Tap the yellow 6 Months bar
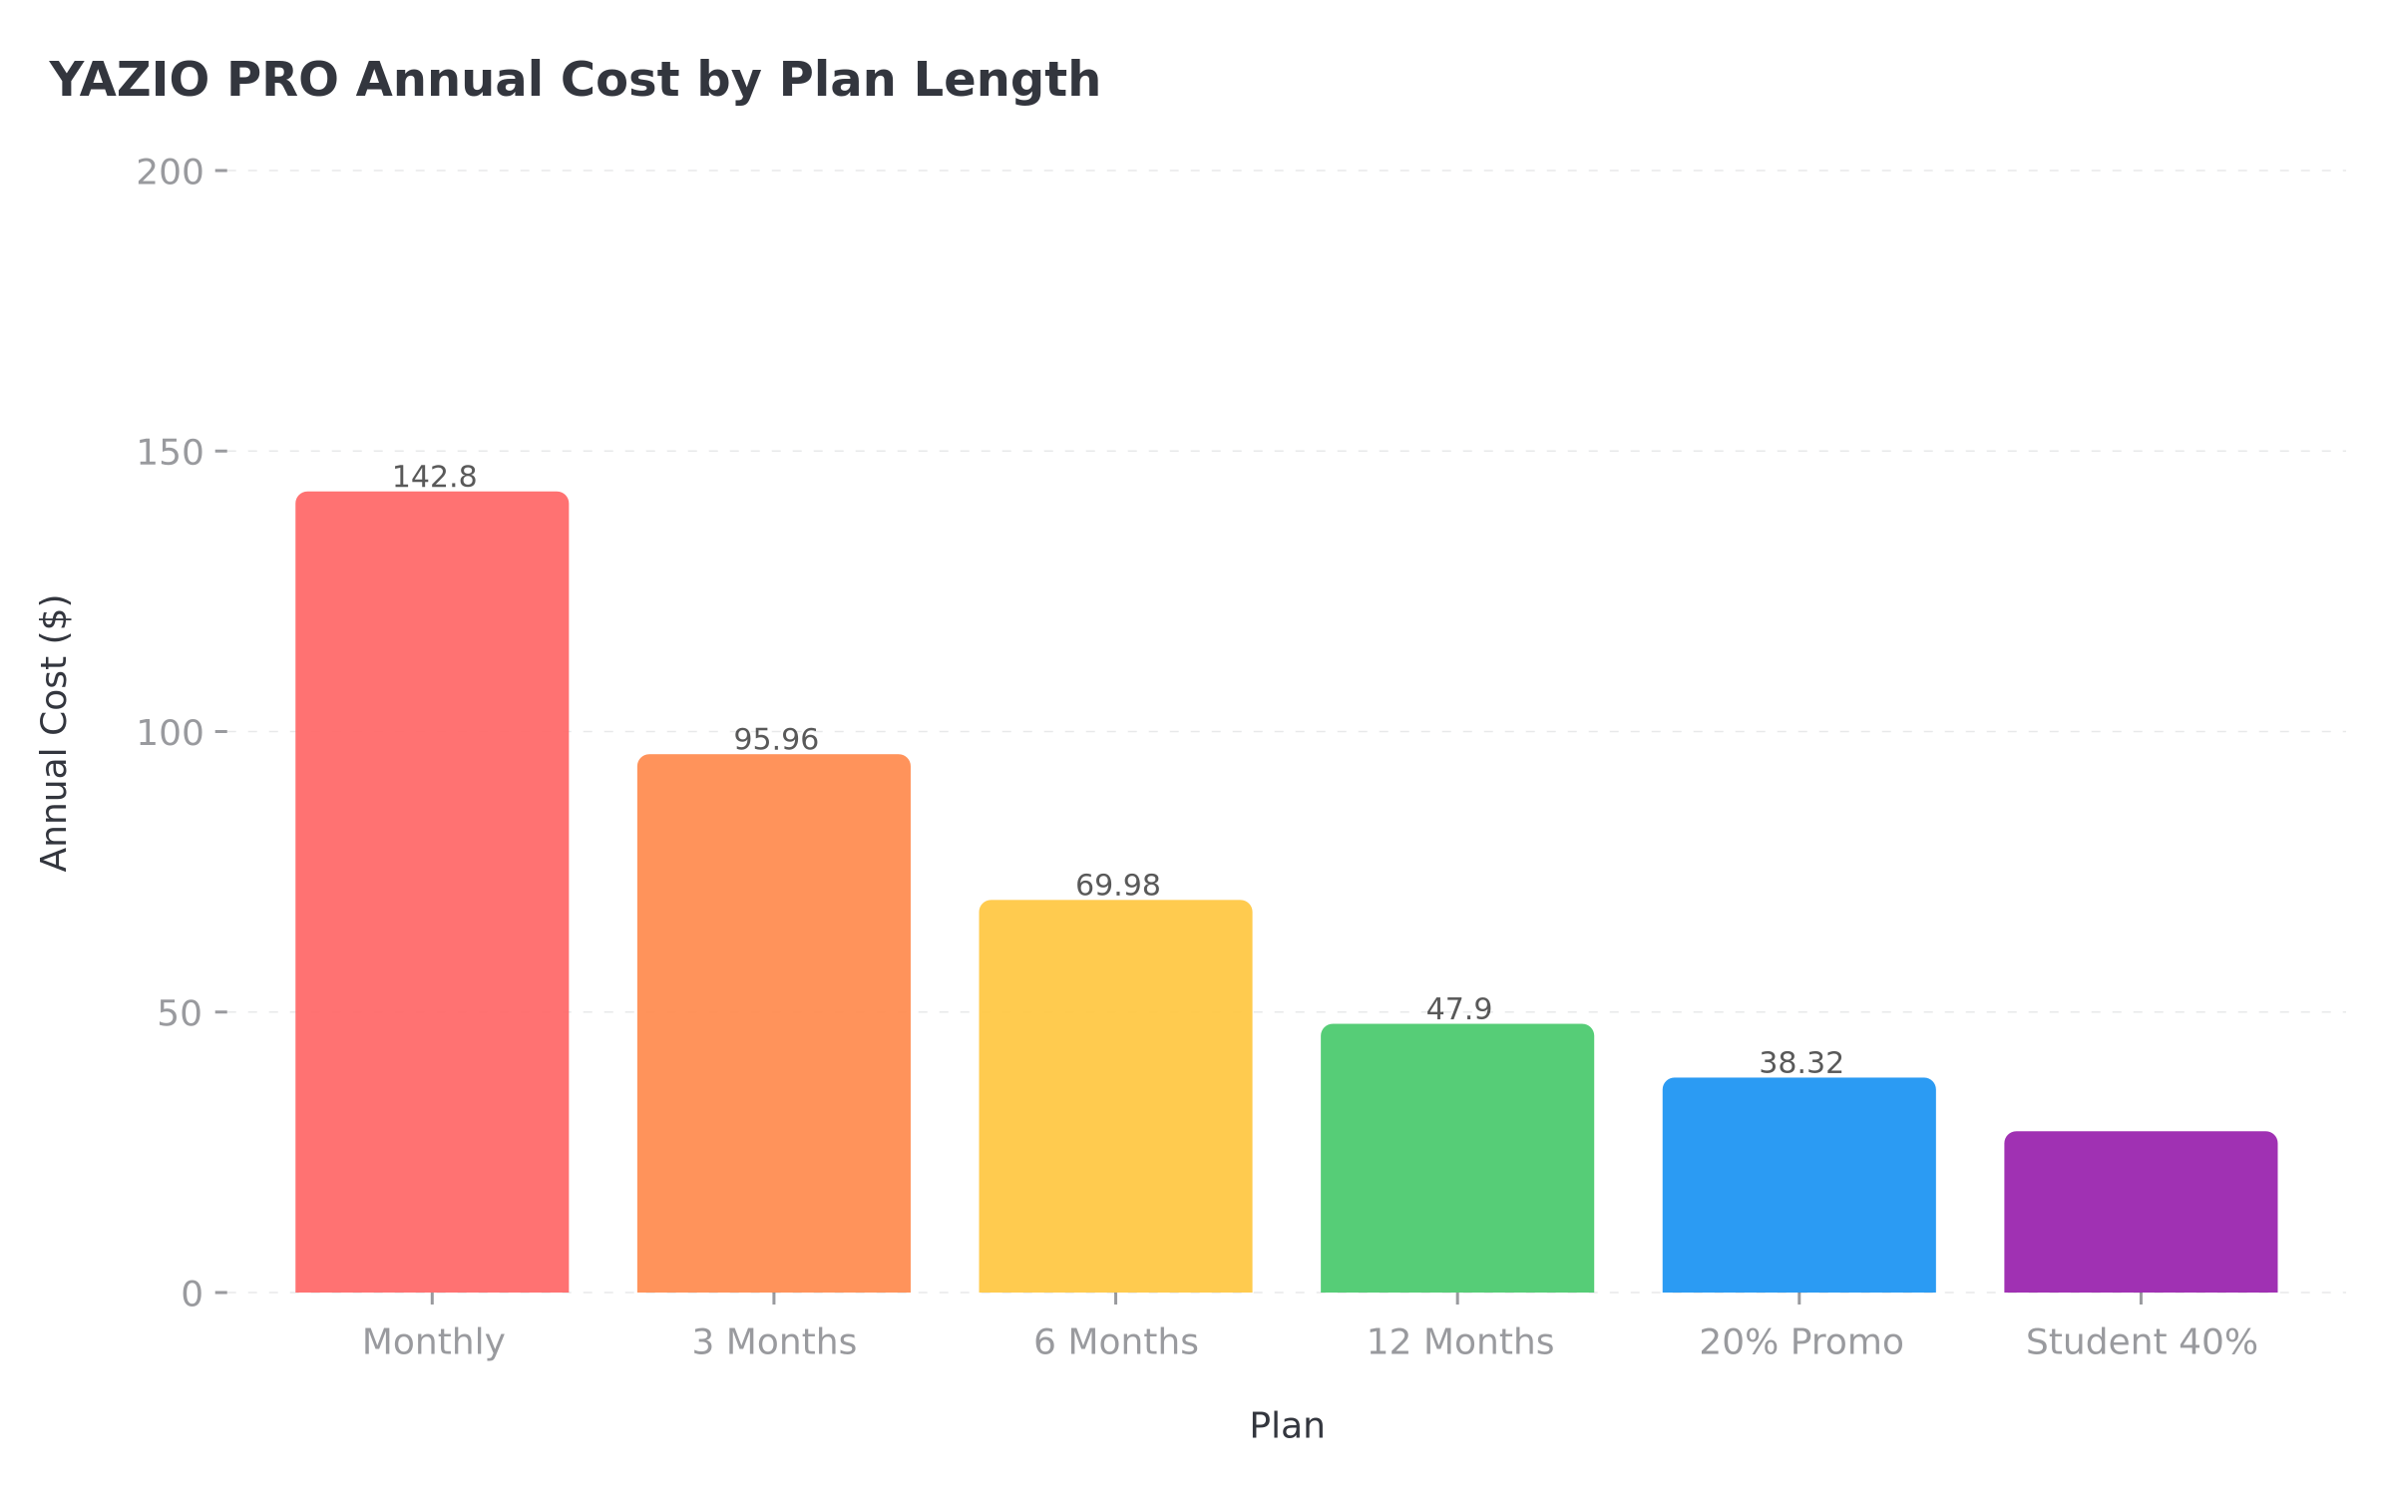tap(1115, 1096)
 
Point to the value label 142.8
tap(434, 477)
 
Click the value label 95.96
tap(776, 740)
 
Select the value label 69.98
tap(1117, 886)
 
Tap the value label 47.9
tap(1459, 1009)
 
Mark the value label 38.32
tap(1800, 1063)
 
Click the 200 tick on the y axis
tap(170, 173)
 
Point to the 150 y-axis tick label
tap(170, 453)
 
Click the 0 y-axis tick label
tap(192, 1295)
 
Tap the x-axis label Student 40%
tap(2141, 1342)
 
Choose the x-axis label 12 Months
tap(1459, 1342)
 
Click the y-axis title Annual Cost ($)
tap(54, 733)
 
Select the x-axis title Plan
tap(1287, 1426)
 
